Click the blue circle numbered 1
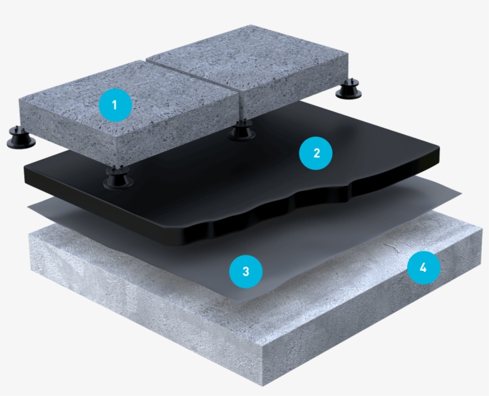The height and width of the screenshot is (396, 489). coord(115,106)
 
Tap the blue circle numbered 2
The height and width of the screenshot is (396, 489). coord(316,153)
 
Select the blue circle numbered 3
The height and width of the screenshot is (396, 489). coord(246,271)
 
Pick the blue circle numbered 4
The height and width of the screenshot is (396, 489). coord(423,268)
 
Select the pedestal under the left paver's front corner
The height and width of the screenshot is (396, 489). coord(117,178)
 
